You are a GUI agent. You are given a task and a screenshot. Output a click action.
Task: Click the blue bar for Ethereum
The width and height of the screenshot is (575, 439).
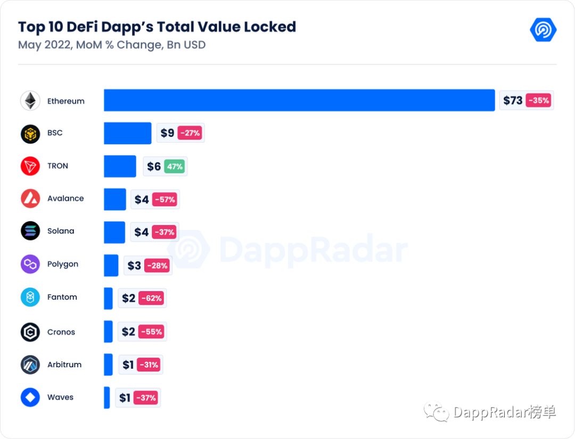(299, 100)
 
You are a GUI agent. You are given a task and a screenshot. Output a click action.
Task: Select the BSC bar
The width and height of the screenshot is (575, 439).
(127, 133)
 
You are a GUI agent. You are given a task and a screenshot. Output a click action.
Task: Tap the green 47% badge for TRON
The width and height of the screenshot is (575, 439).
(174, 167)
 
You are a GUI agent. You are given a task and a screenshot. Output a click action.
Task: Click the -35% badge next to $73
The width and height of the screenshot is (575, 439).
(538, 100)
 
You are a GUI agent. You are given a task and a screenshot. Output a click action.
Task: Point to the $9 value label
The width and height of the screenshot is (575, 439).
(167, 133)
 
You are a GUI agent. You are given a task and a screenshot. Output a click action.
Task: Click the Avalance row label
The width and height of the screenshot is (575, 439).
(65, 198)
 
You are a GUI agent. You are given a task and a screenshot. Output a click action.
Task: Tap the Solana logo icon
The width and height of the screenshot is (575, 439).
(30, 231)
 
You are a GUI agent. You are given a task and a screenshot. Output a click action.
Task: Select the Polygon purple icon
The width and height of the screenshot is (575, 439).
(30, 264)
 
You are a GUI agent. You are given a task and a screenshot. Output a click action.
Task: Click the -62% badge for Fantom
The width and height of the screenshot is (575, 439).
(151, 299)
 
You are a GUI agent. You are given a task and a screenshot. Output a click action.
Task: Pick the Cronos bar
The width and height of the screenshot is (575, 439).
(108, 332)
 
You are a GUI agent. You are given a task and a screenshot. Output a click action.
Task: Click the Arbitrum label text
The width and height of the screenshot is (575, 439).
(64, 365)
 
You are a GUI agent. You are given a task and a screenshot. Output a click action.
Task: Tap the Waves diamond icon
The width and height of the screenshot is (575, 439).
(30, 397)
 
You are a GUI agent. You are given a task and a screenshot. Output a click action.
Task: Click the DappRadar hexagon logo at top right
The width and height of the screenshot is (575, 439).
(543, 30)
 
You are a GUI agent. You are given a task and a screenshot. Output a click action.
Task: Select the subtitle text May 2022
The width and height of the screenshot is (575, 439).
(44, 45)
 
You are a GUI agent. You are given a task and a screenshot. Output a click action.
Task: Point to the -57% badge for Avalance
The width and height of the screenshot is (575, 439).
(165, 200)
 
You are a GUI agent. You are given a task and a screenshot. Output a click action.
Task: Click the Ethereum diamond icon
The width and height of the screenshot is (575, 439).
(30, 101)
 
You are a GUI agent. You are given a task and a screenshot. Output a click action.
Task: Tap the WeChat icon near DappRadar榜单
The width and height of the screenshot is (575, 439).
(436, 411)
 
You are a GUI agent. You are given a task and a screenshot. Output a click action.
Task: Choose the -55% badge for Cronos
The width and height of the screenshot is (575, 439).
(151, 332)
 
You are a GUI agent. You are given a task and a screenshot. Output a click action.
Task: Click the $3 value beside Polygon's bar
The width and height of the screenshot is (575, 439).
(134, 265)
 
